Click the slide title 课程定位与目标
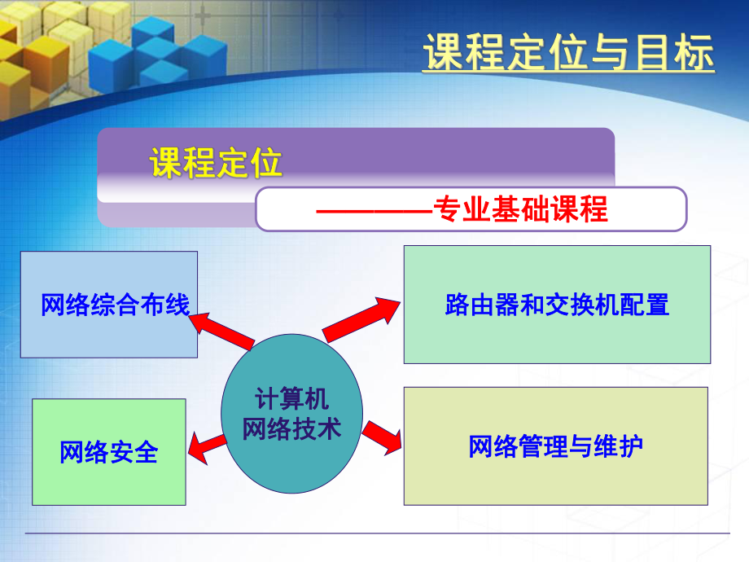coord(567,54)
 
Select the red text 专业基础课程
coord(521,210)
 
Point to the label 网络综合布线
coord(115,305)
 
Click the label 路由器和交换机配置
coord(557,305)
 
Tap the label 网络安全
coord(108,452)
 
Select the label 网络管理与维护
coord(556,446)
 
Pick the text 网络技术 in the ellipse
coord(291,428)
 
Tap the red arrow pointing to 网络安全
coord(207,445)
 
